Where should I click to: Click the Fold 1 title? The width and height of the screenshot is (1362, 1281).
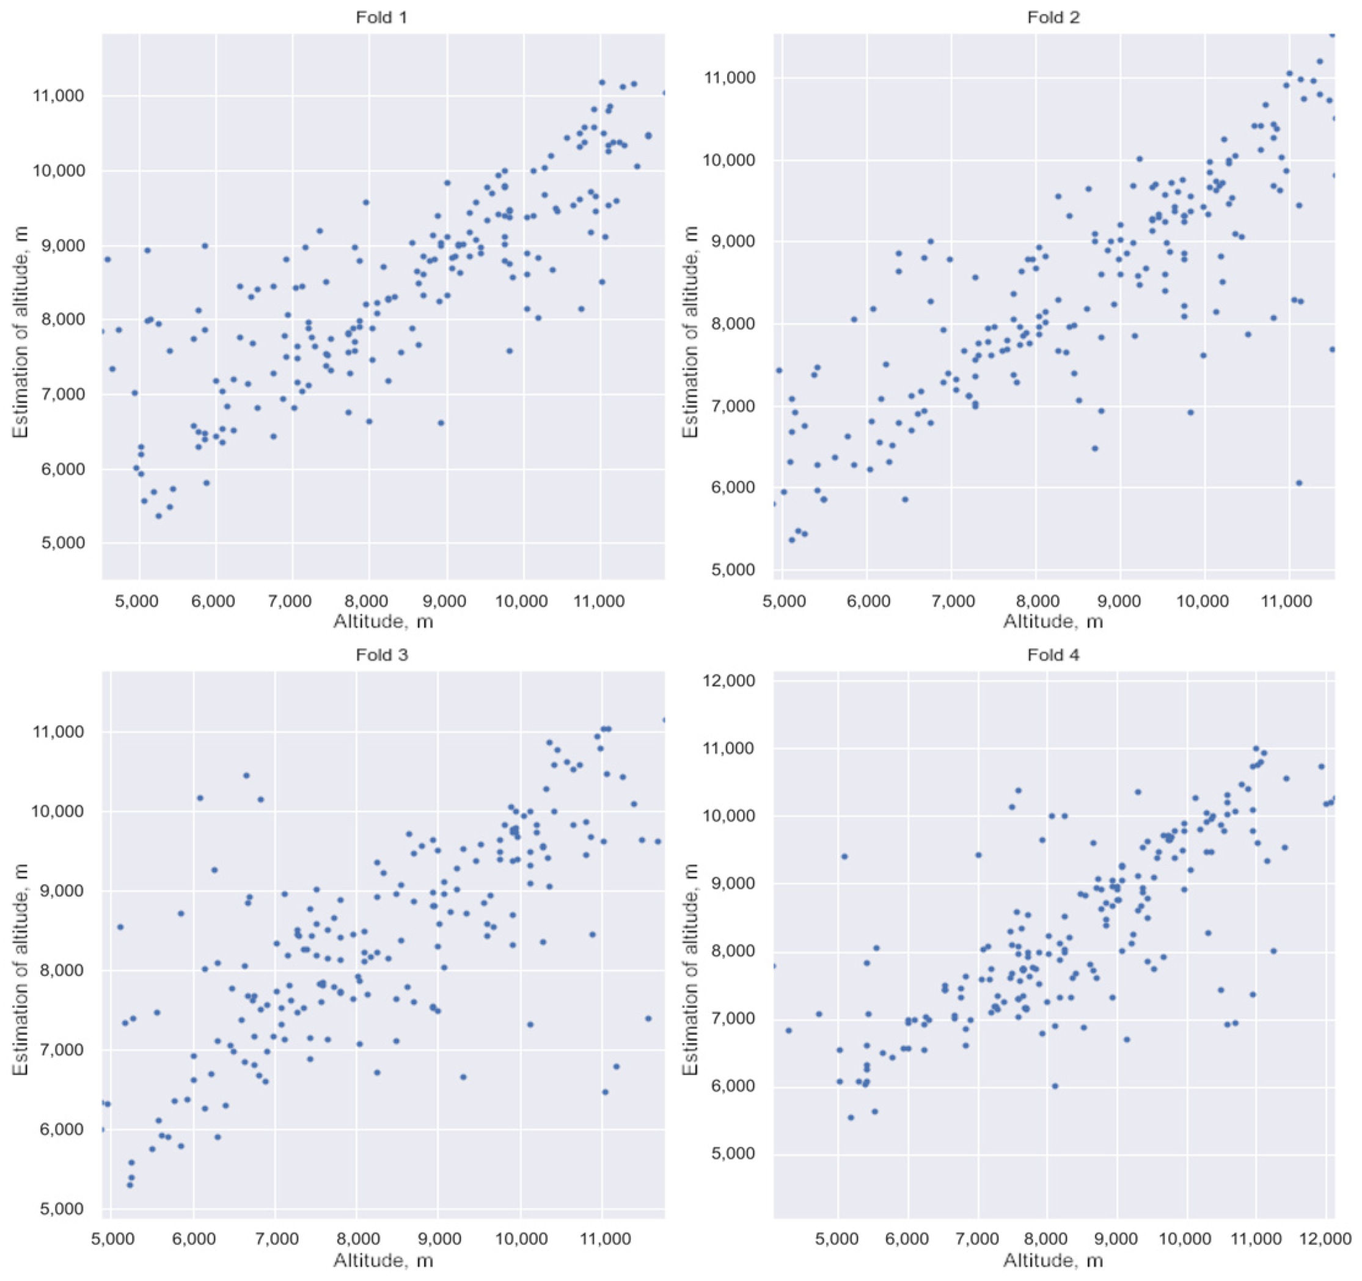[382, 17]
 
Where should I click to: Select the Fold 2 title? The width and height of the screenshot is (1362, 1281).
[1053, 17]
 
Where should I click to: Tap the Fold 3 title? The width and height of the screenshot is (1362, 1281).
[382, 655]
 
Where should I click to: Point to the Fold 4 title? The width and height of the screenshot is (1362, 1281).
[1053, 655]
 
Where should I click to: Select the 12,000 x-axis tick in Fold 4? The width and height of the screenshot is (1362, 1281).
[1327, 1240]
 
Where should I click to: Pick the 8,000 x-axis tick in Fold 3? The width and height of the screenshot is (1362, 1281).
[356, 1240]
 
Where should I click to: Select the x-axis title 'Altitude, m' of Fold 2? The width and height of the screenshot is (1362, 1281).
[1053, 621]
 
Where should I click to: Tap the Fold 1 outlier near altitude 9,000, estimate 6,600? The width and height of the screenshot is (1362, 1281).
[441, 423]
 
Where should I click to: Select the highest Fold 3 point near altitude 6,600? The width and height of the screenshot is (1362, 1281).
[247, 775]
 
